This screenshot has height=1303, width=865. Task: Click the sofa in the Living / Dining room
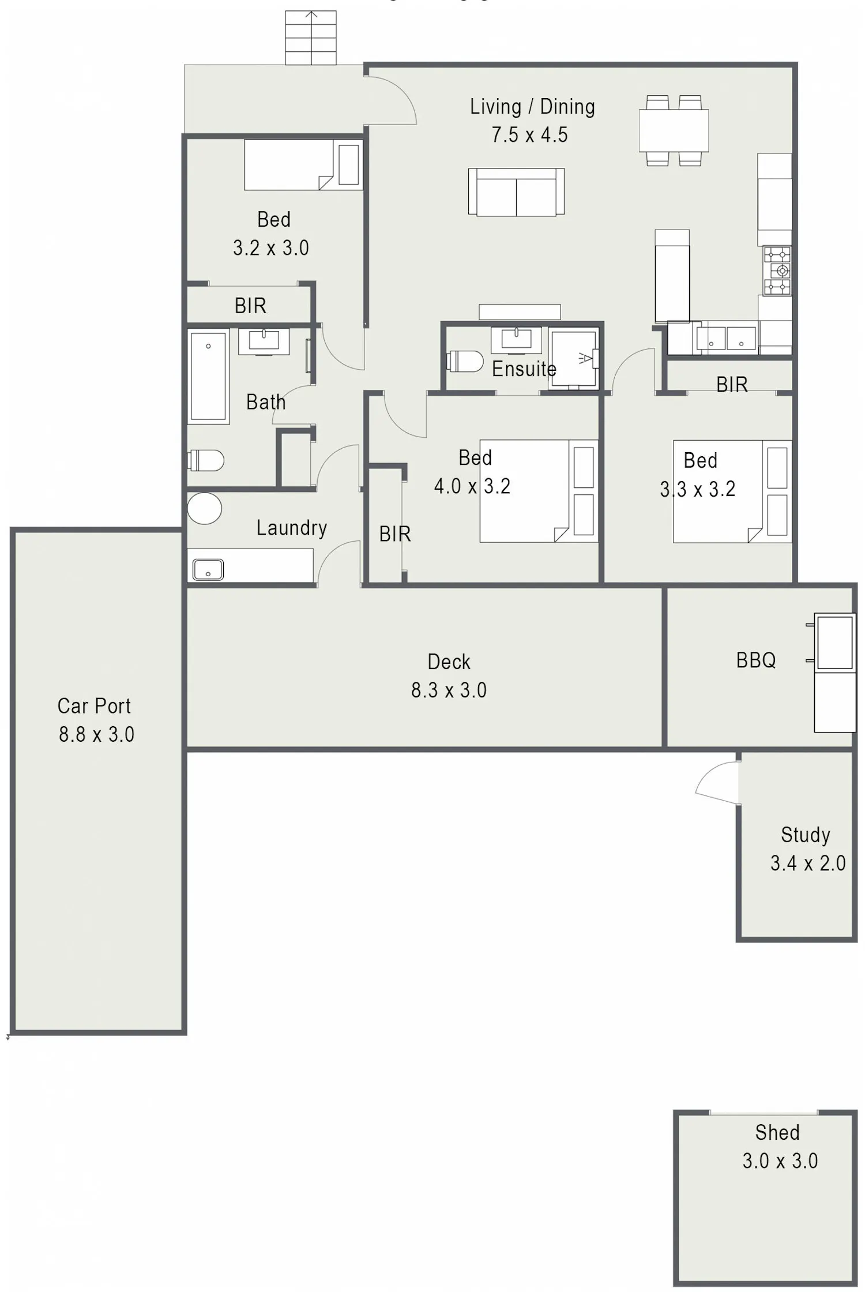tap(516, 192)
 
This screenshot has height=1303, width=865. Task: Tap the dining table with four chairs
tap(674, 130)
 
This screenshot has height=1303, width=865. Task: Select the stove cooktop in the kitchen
tap(777, 271)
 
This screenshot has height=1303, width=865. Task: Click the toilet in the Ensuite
tap(465, 362)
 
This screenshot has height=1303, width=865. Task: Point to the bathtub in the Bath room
tap(208, 376)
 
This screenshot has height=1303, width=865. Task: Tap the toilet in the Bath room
tap(205, 460)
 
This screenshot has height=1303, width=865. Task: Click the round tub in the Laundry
tap(204, 508)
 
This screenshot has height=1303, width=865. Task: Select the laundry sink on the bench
tap(208, 569)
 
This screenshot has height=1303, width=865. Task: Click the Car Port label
tap(94, 706)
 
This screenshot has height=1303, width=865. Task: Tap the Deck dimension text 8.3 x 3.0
tap(449, 690)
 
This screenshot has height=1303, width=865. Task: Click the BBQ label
tap(756, 660)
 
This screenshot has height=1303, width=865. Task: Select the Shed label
tap(777, 1132)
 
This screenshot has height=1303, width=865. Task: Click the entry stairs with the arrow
tap(311, 37)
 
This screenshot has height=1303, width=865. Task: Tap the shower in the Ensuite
tap(573, 360)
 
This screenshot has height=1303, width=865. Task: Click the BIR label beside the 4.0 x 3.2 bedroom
tap(395, 534)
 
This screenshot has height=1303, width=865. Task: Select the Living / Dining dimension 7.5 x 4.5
tap(529, 135)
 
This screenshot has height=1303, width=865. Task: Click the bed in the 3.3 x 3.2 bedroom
tap(732, 491)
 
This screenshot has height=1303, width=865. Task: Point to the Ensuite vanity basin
tap(516, 339)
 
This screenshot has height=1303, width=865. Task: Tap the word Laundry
tap(292, 527)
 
